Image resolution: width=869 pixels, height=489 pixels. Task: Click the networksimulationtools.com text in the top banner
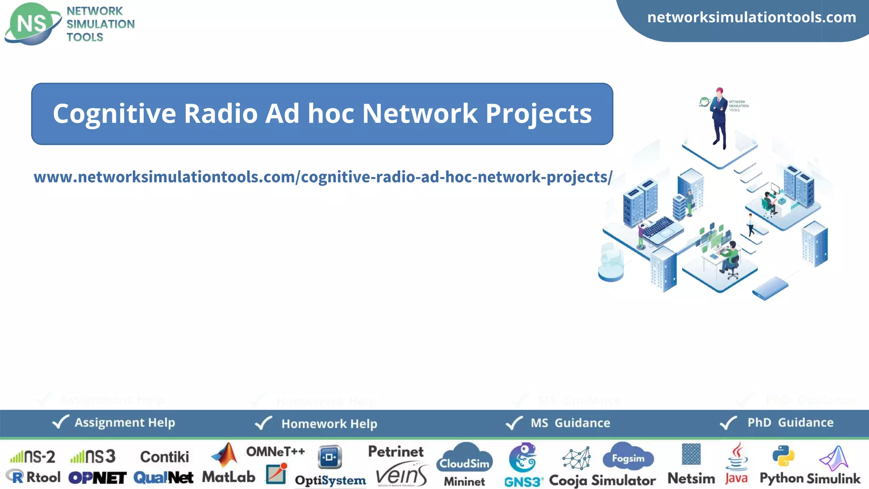[x=751, y=17]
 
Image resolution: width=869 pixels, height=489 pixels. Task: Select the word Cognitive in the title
[x=114, y=114]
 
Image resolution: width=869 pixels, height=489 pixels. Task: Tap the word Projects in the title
[x=538, y=114]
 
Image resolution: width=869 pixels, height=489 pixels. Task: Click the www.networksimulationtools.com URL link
[x=323, y=177]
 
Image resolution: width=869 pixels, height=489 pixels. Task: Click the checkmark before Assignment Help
[x=60, y=422]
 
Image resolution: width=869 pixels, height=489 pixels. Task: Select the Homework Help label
[x=329, y=424]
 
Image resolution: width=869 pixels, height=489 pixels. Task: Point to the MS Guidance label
[x=570, y=423]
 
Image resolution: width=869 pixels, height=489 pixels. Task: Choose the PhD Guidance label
[x=790, y=422]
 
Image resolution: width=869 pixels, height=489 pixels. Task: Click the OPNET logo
[x=97, y=478]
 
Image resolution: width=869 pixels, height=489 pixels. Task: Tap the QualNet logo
[x=163, y=478]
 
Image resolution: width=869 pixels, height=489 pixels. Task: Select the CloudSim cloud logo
[x=464, y=458]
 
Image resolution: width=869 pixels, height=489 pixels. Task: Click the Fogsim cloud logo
[x=628, y=456]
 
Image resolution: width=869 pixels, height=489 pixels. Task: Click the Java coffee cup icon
[x=737, y=456]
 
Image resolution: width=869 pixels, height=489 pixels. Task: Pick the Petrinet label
[x=395, y=451]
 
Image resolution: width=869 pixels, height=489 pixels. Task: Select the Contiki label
[x=164, y=457]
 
